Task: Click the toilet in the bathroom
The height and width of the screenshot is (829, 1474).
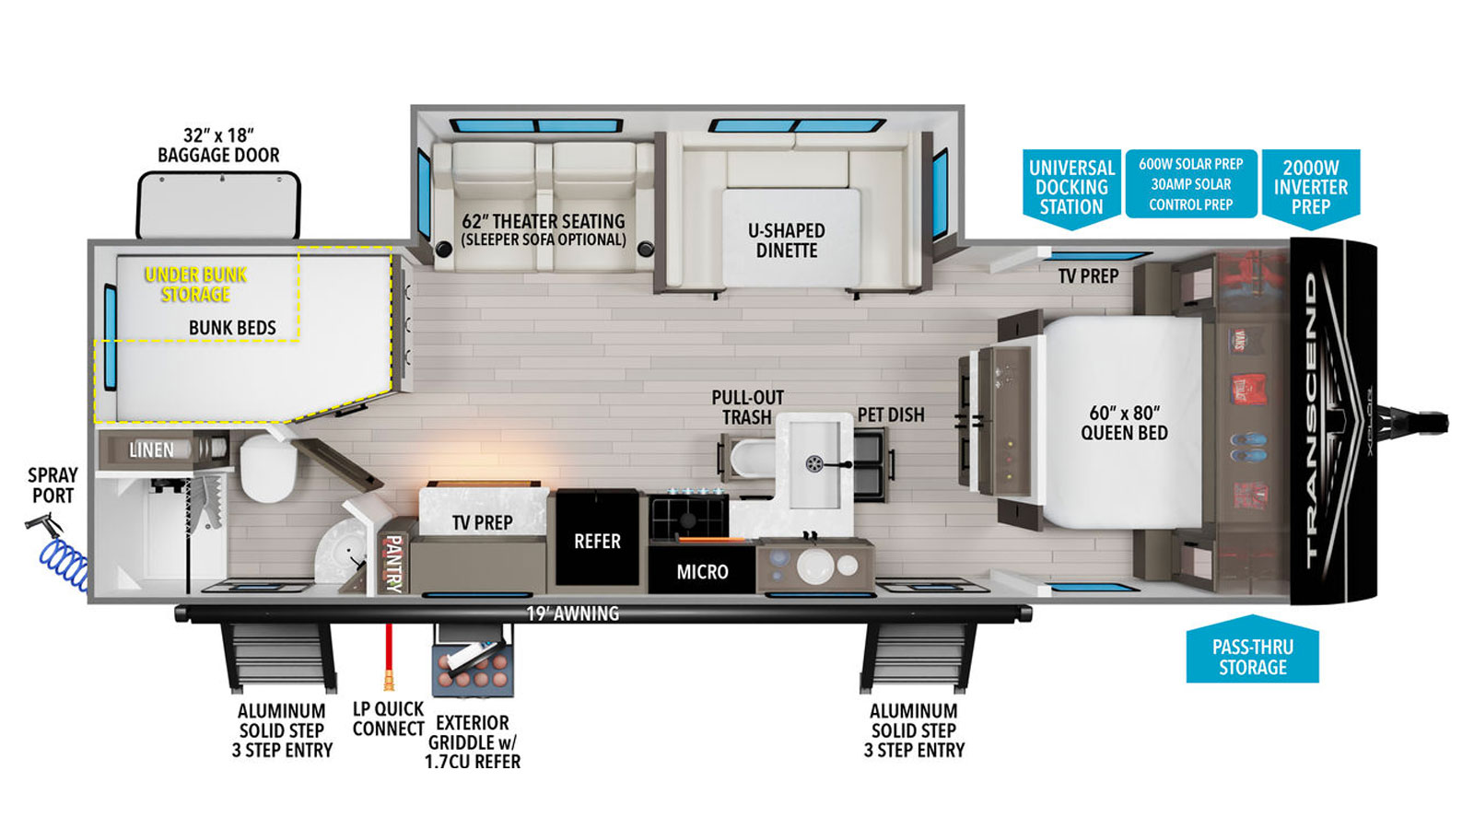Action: tap(267, 467)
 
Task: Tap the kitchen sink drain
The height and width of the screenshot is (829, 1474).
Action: tap(814, 464)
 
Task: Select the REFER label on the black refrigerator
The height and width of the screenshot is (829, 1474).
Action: tap(597, 541)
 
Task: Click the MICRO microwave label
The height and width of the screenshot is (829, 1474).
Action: tap(702, 572)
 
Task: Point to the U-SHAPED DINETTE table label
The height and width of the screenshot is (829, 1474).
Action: tap(787, 240)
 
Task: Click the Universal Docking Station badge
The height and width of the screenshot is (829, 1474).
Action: tap(1071, 189)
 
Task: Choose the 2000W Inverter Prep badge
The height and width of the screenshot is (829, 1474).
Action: tap(1311, 189)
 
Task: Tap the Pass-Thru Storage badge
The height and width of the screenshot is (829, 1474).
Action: tap(1252, 649)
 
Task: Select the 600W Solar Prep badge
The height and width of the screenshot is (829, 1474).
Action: tap(1191, 183)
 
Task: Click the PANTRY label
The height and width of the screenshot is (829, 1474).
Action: tap(392, 564)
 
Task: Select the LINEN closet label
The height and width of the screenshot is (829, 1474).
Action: tap(152, 450)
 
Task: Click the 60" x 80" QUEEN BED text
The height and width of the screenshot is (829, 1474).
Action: tap(1124, 423)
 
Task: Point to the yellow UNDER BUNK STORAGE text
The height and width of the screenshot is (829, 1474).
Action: tap(195, 285)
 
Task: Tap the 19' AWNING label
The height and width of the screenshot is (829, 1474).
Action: tap(572, 613)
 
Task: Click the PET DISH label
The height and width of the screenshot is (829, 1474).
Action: tap(891, 414)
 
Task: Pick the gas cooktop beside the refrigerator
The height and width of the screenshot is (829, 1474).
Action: tap(688, 517)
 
